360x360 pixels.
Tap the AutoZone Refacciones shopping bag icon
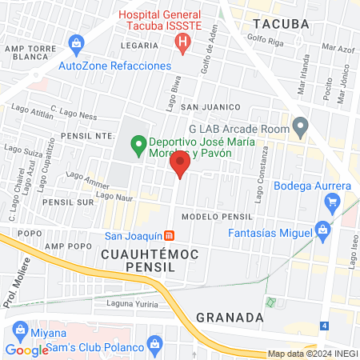tap(76, 42)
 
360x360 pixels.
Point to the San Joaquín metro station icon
tap(169, 236)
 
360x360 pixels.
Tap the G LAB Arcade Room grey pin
tap(301, 126)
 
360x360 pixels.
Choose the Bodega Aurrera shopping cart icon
tap(346, 203)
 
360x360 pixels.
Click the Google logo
tap(26, 350)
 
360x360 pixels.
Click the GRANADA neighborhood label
tap(230, 318)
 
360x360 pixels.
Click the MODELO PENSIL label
tap(217, 217)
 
